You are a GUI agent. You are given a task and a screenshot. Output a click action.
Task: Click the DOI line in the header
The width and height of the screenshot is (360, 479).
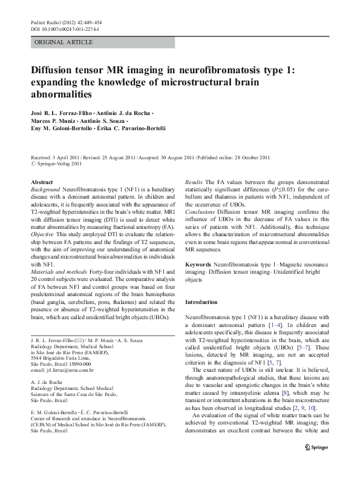point(65,28)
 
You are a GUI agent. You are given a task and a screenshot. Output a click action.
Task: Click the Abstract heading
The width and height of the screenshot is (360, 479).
point(42,182)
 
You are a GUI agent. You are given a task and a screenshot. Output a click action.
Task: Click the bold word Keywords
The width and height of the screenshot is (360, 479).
point(198,265)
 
